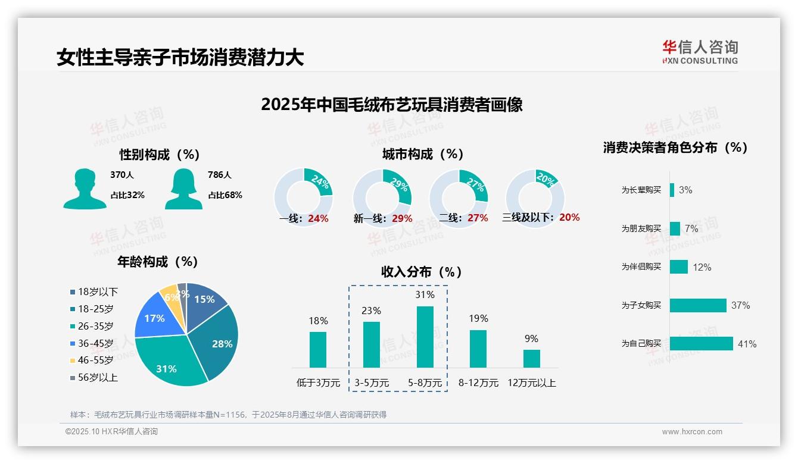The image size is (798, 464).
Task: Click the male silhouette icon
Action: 85,189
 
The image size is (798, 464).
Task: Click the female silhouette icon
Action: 183,189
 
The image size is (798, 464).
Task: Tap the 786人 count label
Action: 220,175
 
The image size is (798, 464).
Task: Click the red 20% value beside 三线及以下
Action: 569,217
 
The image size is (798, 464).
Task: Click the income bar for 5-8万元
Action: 425,337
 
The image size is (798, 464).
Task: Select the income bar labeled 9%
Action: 532,358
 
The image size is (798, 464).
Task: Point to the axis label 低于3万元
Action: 317,383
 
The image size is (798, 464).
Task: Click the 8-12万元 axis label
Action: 478,383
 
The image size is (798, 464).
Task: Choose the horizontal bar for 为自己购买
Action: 701,344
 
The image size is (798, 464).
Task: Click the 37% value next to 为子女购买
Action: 740,305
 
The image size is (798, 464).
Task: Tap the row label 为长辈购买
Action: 641,190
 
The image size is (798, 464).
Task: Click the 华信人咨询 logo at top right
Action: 700,52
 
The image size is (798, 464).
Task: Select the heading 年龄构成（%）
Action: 158,262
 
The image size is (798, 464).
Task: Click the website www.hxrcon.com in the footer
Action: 691,432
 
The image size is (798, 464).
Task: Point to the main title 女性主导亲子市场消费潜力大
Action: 180,57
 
